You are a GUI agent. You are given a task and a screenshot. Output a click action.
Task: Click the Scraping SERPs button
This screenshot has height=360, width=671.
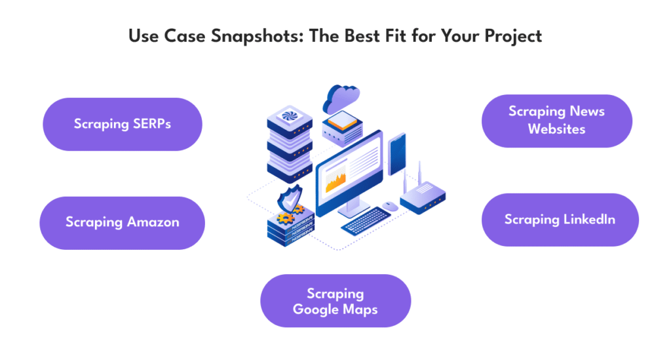point(123,124)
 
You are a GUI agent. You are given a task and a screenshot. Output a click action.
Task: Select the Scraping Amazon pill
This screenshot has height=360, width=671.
point(123,223)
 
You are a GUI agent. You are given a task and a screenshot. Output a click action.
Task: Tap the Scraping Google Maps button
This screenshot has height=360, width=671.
point(335,301)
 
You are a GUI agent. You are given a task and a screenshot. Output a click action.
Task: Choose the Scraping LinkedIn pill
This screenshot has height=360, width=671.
point(560,220)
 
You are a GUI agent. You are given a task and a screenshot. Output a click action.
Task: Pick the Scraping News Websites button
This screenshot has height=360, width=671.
point(557,121)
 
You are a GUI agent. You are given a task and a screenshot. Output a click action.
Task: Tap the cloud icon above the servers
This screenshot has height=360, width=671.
point(341,98)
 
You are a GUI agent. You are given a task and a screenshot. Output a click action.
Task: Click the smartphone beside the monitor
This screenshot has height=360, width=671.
point(396,155)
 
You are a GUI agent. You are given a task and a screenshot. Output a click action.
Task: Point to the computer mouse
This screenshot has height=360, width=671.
point(390,207)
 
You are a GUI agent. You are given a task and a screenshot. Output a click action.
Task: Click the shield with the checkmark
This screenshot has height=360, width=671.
point(290,199)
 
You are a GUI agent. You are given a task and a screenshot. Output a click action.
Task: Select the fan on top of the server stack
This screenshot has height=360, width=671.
point(290,115)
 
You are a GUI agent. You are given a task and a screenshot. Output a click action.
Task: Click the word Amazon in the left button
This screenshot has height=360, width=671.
point(153,222)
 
